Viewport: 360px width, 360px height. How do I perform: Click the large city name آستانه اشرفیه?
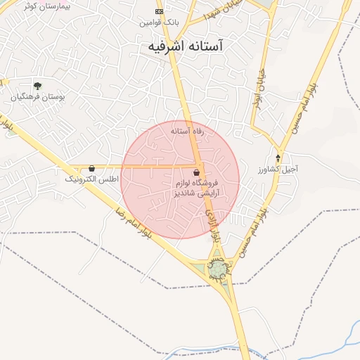point(185,46)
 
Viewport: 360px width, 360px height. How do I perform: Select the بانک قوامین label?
point(159,22)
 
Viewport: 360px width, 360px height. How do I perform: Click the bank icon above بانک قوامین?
point(159,12)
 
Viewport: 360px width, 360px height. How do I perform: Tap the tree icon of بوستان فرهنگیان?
point(37,86)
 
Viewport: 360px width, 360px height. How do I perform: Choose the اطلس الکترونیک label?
point(92,180)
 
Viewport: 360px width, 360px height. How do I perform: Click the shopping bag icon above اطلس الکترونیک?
point(92,169)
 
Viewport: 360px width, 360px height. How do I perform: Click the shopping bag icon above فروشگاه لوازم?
point(196,172)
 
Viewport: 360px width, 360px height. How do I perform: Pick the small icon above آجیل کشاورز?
point(278,158)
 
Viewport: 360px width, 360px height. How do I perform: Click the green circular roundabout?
point(219,269)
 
